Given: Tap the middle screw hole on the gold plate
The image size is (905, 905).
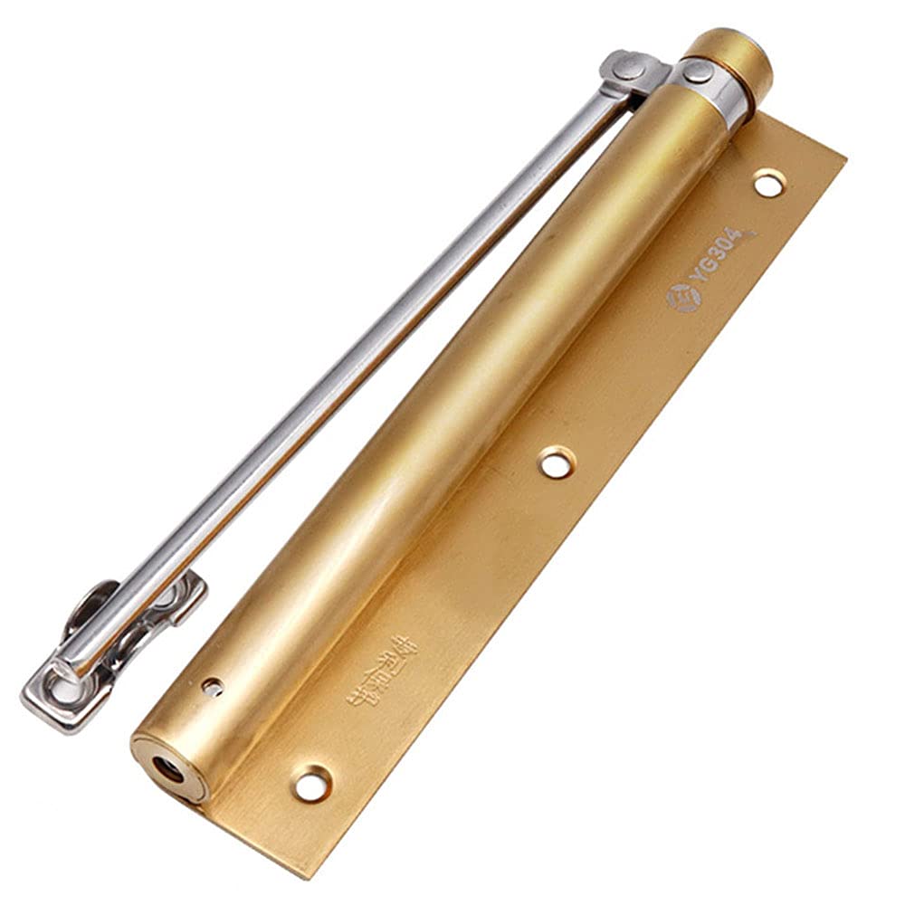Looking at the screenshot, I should pyautogui.click(x=556, y=462).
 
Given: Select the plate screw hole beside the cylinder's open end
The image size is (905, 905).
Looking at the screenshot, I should pyautogui.click(x=311, y=783).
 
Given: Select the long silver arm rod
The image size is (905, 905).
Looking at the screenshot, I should pyautogui.click(x=362, y=362).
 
